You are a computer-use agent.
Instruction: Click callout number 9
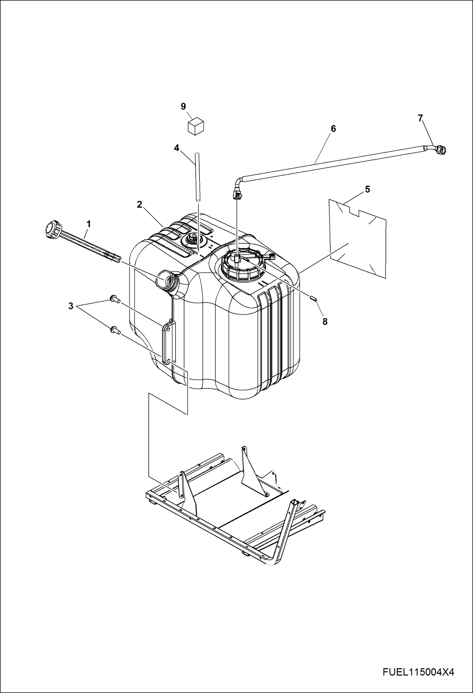pos(183,106)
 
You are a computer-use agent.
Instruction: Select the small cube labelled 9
pos(196,126)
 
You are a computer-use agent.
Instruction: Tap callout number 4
pos(177,148)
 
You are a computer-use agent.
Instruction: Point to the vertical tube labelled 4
pos(197,177)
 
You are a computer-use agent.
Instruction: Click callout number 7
pos(420,118)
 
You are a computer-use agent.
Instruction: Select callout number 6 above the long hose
pos(333,129)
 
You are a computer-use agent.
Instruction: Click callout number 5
pos(367,189)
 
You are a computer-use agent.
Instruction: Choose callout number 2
pos(140,204)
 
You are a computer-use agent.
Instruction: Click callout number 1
pos(89,224)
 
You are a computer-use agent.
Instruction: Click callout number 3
pos(71,306)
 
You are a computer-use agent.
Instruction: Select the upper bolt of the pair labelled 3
pos(114,298)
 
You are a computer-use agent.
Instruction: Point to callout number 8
pos(325,322)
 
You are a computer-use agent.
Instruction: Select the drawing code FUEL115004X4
pos(418,672)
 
